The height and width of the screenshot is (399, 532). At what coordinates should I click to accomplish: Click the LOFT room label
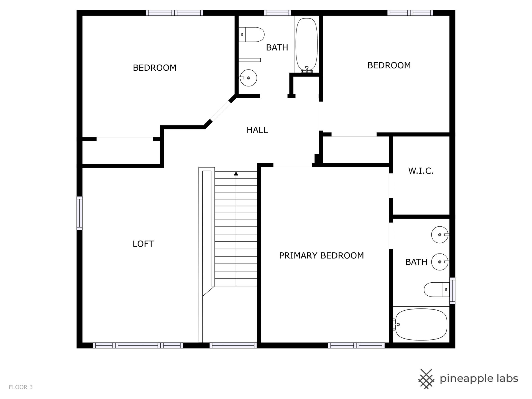point(143,244)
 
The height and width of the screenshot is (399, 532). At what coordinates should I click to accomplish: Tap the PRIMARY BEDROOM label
point(321,255)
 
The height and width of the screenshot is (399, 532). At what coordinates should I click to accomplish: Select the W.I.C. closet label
point(421,171)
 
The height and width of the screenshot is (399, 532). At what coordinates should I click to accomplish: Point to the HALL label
point(257,130)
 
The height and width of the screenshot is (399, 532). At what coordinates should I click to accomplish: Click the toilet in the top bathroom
point(251,35)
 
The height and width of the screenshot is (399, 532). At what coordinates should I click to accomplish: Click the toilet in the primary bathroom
point(436,290)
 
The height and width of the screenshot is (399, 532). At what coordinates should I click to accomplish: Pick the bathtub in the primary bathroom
point(421,324)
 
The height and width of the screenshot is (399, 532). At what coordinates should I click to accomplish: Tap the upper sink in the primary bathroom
point(440,235)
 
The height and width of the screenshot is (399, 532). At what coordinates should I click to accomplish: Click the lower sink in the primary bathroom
point(440,262)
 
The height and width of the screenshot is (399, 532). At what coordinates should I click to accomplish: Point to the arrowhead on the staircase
point(236,174)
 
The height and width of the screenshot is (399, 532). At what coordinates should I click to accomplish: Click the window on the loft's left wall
point(80,213)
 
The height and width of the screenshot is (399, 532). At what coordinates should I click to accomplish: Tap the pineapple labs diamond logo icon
point(426,379)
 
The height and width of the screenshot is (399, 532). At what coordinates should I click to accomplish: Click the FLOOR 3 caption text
point(21,387)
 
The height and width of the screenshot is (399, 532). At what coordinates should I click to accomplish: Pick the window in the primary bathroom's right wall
point(452,291)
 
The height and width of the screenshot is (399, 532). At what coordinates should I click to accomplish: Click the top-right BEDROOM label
point(389,65)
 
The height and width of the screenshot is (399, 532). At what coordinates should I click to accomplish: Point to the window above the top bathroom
point(277,13)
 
